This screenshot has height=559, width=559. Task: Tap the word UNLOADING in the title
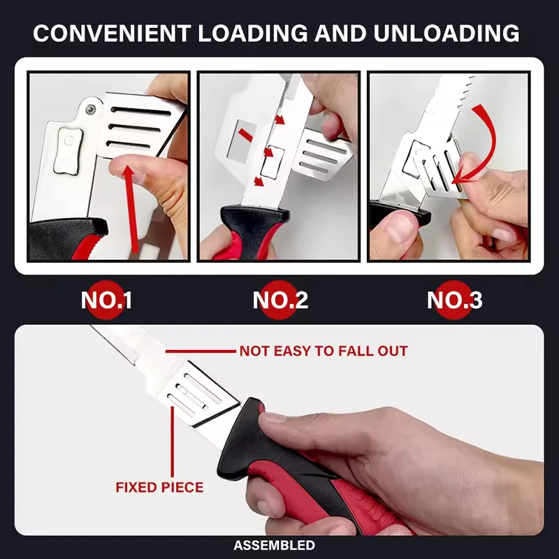[447, 33]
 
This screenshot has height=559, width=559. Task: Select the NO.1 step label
[106, 300]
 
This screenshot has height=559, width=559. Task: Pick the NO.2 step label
[280, 300]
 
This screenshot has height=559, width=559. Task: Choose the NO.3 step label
[455, 300]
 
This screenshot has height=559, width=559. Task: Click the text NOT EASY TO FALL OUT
[324, 351]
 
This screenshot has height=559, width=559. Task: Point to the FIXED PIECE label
[159, 487]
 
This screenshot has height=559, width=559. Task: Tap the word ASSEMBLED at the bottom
[274, 546]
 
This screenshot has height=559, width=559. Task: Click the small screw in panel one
[92, 109]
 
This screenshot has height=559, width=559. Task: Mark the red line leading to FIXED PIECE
[173, 442]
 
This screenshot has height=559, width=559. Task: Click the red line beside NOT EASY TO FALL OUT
[201, 351]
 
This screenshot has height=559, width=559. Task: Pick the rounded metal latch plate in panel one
[68, 151]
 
